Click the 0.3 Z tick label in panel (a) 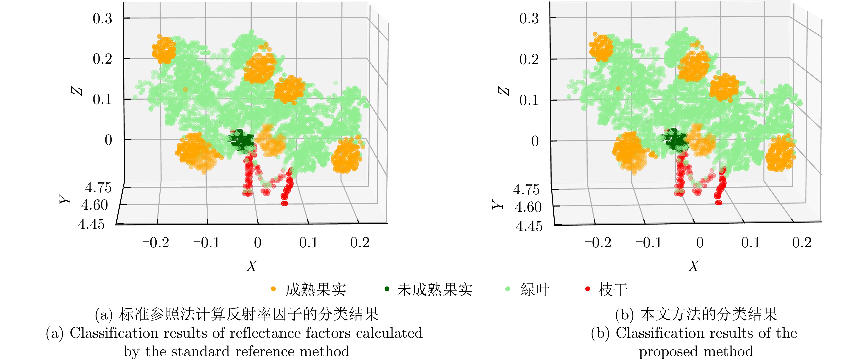point(102,19)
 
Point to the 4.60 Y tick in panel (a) point(95,205)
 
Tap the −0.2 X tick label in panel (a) point(156,242)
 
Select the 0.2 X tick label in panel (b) point(802,242)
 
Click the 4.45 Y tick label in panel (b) point(529,226)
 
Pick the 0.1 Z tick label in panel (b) point(529,100)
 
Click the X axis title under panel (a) point(251,266)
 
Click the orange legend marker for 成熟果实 point(273,289)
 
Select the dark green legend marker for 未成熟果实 point(387,289)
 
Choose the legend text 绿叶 point(535,290)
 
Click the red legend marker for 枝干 point(588,289)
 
